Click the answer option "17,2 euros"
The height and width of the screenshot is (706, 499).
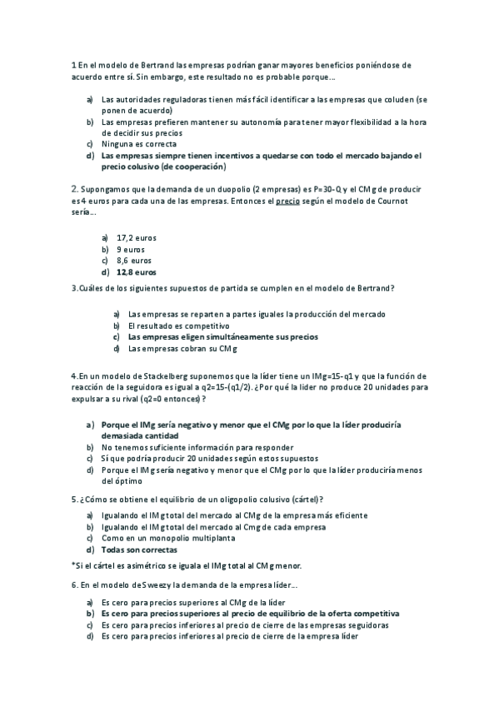pos(137,237)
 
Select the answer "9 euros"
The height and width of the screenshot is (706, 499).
pos(131,249)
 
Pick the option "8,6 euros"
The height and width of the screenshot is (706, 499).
pos(134,260)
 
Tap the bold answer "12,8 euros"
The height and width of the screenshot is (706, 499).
pos(137,271)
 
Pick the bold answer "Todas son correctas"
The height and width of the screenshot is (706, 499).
pos(139,549)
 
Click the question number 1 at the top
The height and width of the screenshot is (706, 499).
pos(73,64)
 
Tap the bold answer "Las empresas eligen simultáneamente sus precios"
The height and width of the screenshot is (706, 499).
pos(223,337)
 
